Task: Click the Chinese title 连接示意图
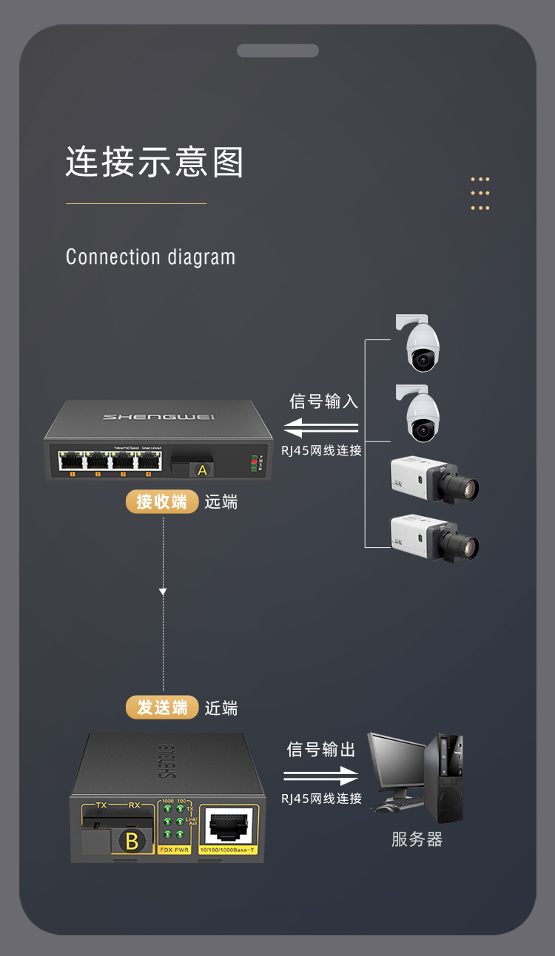point(155,162)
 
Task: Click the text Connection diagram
point(150,257)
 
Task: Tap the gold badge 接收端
point(161,501)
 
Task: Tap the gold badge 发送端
point(161,708)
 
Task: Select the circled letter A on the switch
point(202,469)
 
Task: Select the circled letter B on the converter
point(132,841)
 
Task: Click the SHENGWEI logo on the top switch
point(159,417)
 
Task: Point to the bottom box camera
point(434,537)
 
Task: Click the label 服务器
point(417,840)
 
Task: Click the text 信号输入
point(323,401)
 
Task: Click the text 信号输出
point(321,750)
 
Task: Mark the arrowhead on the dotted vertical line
point(163,591)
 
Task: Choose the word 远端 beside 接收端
point(221,502)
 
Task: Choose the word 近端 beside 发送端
point(221,708)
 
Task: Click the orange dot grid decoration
point(480,194)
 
